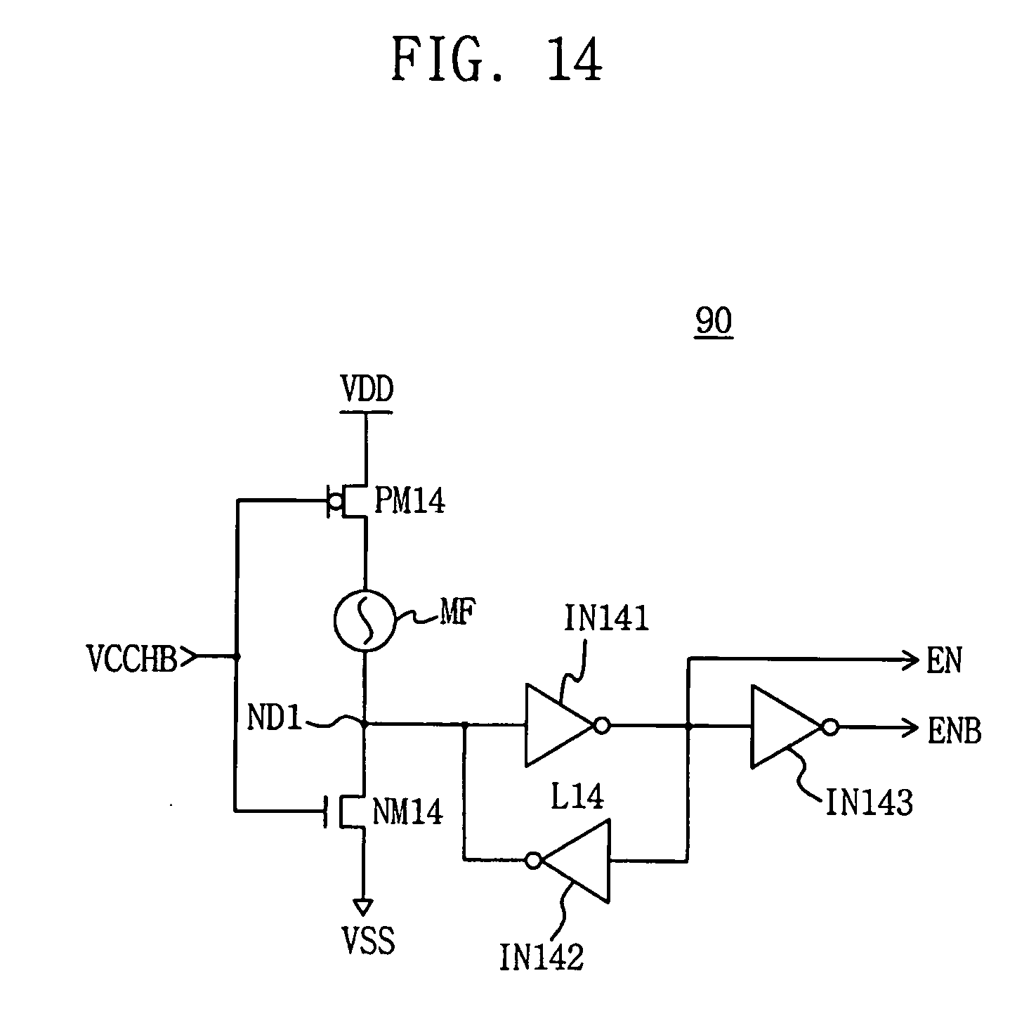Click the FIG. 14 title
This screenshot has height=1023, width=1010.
[x=497, y=60]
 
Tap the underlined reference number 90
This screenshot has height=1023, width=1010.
[x=714, y=322]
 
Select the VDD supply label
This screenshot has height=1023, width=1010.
[x=366, y=390]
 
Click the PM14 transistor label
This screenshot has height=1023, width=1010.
[x=409, y=502]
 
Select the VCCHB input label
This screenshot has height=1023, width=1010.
[x=132, y=658]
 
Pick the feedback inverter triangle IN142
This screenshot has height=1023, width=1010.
[x=576, y=861]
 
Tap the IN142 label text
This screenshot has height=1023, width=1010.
[x=542, y=957]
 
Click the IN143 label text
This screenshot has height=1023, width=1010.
[x=868, y=802]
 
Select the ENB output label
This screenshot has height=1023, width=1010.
[x=955, y=731]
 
